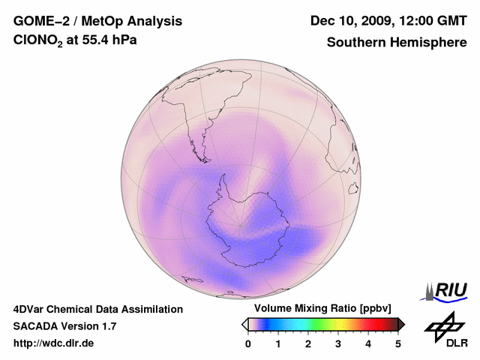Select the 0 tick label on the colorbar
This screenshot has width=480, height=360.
(x=248, y=343)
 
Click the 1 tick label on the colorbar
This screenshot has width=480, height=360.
(x=278, y=343)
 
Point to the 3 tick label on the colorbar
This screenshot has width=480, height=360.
(x=338, y=343)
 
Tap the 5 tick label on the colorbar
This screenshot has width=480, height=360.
(x=398, y=343)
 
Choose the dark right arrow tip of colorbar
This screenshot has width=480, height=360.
(x=401, y=324)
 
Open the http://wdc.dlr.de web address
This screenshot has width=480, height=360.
(x=54, y=343)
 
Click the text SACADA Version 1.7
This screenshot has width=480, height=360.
(x=64, y=326)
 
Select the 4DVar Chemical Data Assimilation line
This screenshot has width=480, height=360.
(x=97, y=309)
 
